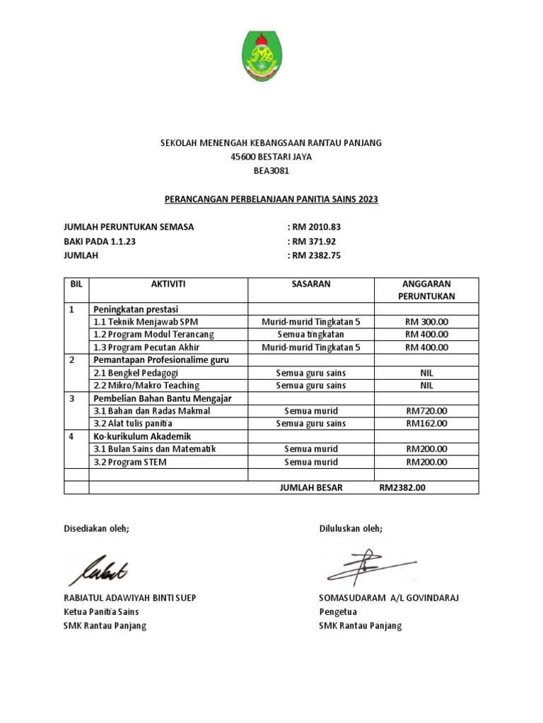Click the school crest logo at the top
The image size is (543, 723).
tap(271, 56)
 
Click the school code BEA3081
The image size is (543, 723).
tap(271, 171)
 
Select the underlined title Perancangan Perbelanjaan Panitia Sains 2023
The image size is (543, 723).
tap(271, 200)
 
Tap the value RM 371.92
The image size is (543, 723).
tap(314, 241)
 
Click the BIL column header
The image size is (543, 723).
tap(76, 283)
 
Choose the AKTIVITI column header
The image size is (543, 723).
tap(168, 283)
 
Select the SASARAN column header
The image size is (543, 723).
tap(310, 283)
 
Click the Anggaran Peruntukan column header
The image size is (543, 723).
tap(426, 289)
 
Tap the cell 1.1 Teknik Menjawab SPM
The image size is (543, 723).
tap(142, 322)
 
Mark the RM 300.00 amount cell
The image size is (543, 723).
tap(426, 322)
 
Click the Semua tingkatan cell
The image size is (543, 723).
tap(310, 335)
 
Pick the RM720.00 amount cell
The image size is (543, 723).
tap(426, 411)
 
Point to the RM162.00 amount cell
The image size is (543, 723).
tap(426, 424)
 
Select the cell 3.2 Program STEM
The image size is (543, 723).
tap(127, 462)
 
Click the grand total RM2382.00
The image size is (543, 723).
tap(402, 487)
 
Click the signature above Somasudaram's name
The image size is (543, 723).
tap(368, 566)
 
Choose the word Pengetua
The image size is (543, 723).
tap(338, 612)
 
